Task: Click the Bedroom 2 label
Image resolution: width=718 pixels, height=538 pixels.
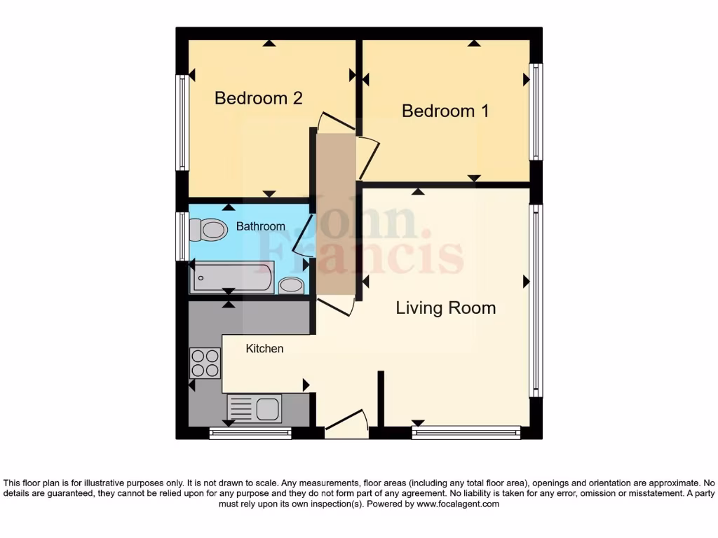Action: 258,98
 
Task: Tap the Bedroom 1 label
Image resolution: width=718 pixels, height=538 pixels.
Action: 445,111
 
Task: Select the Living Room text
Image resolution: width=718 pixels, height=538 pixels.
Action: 445,308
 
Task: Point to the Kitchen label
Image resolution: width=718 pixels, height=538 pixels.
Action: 264,348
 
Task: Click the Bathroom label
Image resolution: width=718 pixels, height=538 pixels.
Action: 260,226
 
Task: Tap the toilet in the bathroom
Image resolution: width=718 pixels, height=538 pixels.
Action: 208,229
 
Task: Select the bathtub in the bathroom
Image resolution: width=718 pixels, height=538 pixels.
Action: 232,277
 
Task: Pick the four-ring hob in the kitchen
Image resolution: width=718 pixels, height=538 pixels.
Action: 205,363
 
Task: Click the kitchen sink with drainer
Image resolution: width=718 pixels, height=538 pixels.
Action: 254,408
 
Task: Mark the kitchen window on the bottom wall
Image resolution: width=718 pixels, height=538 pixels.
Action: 250,434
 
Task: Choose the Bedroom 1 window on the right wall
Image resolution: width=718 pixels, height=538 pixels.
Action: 536,112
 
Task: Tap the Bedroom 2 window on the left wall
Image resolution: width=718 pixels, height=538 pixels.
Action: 182,123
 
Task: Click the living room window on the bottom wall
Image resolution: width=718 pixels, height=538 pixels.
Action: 466,433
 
